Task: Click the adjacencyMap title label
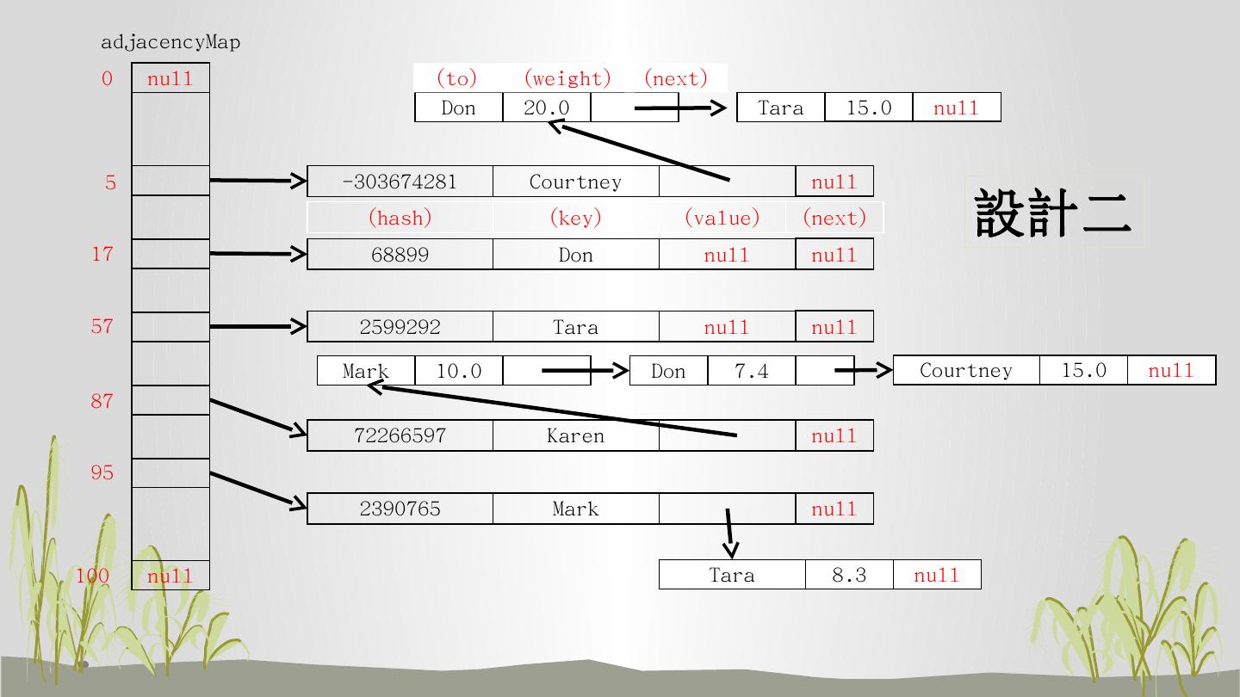click(170, 42)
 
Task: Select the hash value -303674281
click(400, 182)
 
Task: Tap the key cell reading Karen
click(575, 435)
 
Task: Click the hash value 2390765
click(400, 509)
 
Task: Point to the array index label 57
click(102, 326)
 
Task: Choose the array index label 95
click(102, 472)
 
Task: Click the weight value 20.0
click(546, 108)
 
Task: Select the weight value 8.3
click(848, 575)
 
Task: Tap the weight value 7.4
click(751, 371)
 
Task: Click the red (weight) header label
click(567, 78)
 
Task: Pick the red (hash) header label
click(400, 218)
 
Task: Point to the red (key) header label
click(575, 218)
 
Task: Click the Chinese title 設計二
click(1053, 213)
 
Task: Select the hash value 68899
click(400, 255)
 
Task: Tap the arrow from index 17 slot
click(258, 254)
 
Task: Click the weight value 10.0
click(458, 371)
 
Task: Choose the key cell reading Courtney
click(575, 182)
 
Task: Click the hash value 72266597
click(400, 435)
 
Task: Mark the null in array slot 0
click(170, 78)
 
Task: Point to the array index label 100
click(92, 575)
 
